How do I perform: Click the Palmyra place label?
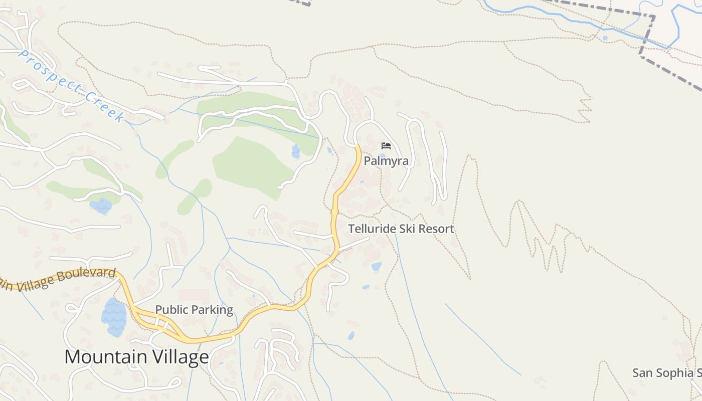[386, 161]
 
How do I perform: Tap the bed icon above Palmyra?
[386, 146]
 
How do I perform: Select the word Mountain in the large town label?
[104, 357]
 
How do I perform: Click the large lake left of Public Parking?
[114, 317]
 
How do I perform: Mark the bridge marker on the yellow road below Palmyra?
[334, 212]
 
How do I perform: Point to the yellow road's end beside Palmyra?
[357, 146]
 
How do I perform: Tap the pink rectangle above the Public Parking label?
[194, 296]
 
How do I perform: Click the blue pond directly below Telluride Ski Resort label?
[376, 266]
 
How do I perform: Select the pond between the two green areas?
[296, 151]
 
